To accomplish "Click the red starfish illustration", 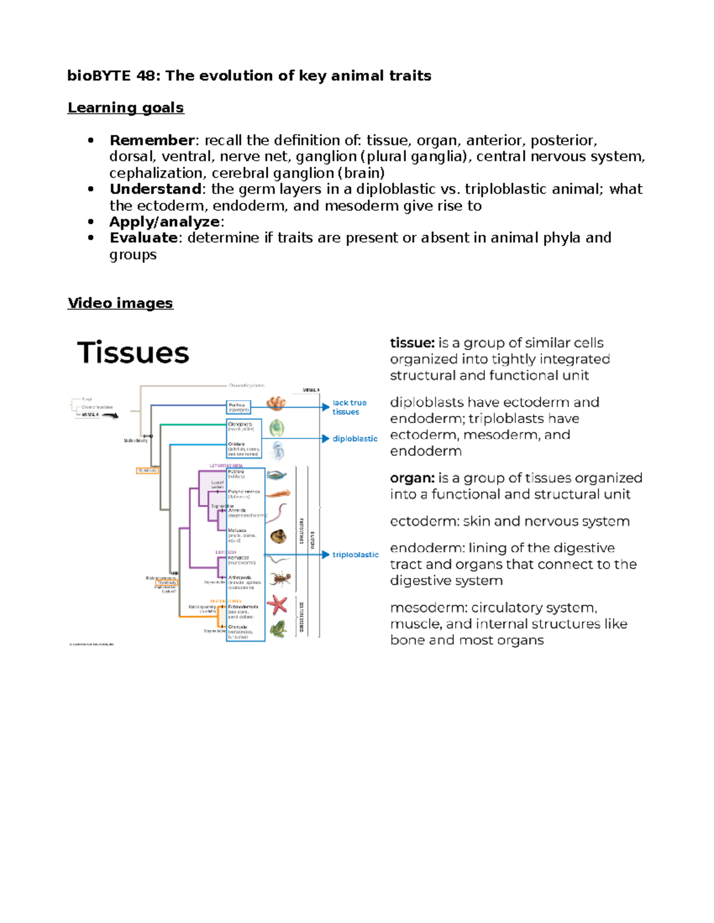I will [277, 605].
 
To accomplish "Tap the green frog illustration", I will [278, 629].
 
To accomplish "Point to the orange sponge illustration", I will [276, 404].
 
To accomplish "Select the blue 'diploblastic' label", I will [355, 439].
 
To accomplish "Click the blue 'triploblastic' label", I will [355, 555].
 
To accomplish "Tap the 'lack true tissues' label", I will [349, 407].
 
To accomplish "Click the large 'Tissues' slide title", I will [133, 352].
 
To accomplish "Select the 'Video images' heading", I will [120, 303].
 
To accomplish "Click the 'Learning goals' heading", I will [126, 108].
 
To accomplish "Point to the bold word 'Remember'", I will [152, 140].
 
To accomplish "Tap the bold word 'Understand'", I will [155, 189].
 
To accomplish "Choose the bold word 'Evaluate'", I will [143, 238].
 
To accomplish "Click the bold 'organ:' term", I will [412, 478].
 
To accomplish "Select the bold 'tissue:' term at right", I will [412, 343].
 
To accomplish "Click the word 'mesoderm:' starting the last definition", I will [428, 607].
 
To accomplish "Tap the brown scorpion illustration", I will [279, 577].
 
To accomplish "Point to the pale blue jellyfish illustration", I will [277, 451].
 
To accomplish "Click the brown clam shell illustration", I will [278, 537].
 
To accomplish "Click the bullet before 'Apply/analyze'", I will [90, 222].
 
